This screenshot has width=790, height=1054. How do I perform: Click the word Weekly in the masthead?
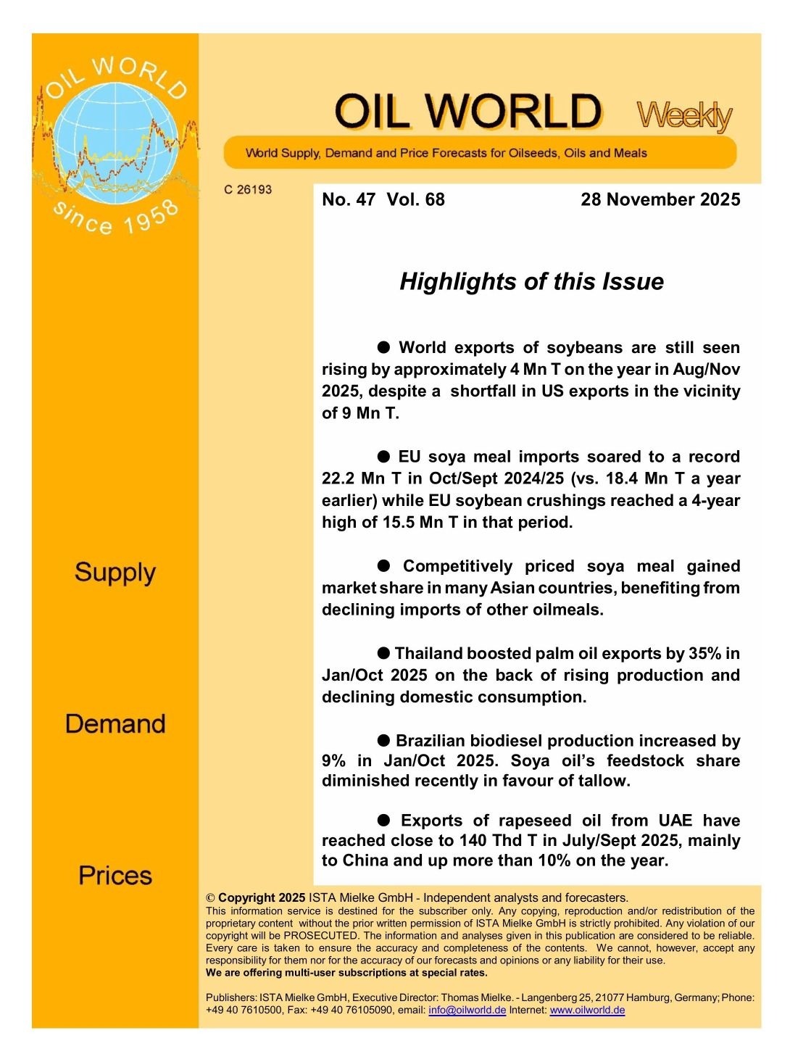click(x=684, y=116)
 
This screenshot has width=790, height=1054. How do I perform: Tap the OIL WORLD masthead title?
click(x=467, y=112)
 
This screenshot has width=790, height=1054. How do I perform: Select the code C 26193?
click(x=248, y=190)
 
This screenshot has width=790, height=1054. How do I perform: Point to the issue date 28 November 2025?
click(x=660, y=199)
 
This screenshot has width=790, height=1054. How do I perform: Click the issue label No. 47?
click(x=349, y=199)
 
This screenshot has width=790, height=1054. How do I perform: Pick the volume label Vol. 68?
click(x=416, y=199)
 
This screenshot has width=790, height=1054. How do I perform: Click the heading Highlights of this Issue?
click(x=531, y=281)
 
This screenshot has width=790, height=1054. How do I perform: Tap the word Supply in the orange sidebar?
click(x=115, y=573)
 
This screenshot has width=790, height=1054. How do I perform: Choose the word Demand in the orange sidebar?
click(x=115, y=724)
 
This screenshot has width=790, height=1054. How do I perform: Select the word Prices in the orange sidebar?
click(x=115, y=876)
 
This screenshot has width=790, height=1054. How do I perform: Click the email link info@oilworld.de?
click(x=467, y=1010)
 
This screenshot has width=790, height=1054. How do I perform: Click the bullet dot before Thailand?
click(x=383, y=653)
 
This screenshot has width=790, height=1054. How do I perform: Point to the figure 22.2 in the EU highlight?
click(x=337, y=478)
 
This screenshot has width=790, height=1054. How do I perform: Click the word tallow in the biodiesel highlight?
click(x=604, y=781)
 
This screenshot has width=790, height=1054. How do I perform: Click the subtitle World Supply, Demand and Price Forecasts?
click(x=446, y=153)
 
